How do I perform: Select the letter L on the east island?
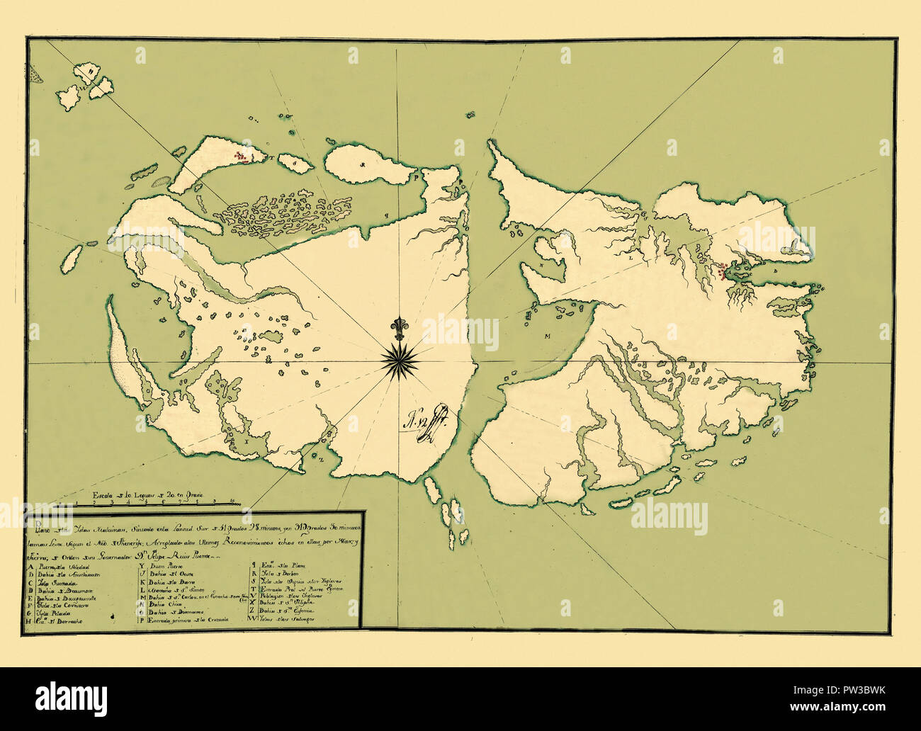tap(631, 259)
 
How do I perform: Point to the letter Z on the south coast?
tap(320, 458)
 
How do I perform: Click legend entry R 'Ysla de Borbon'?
tap(276, 579)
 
